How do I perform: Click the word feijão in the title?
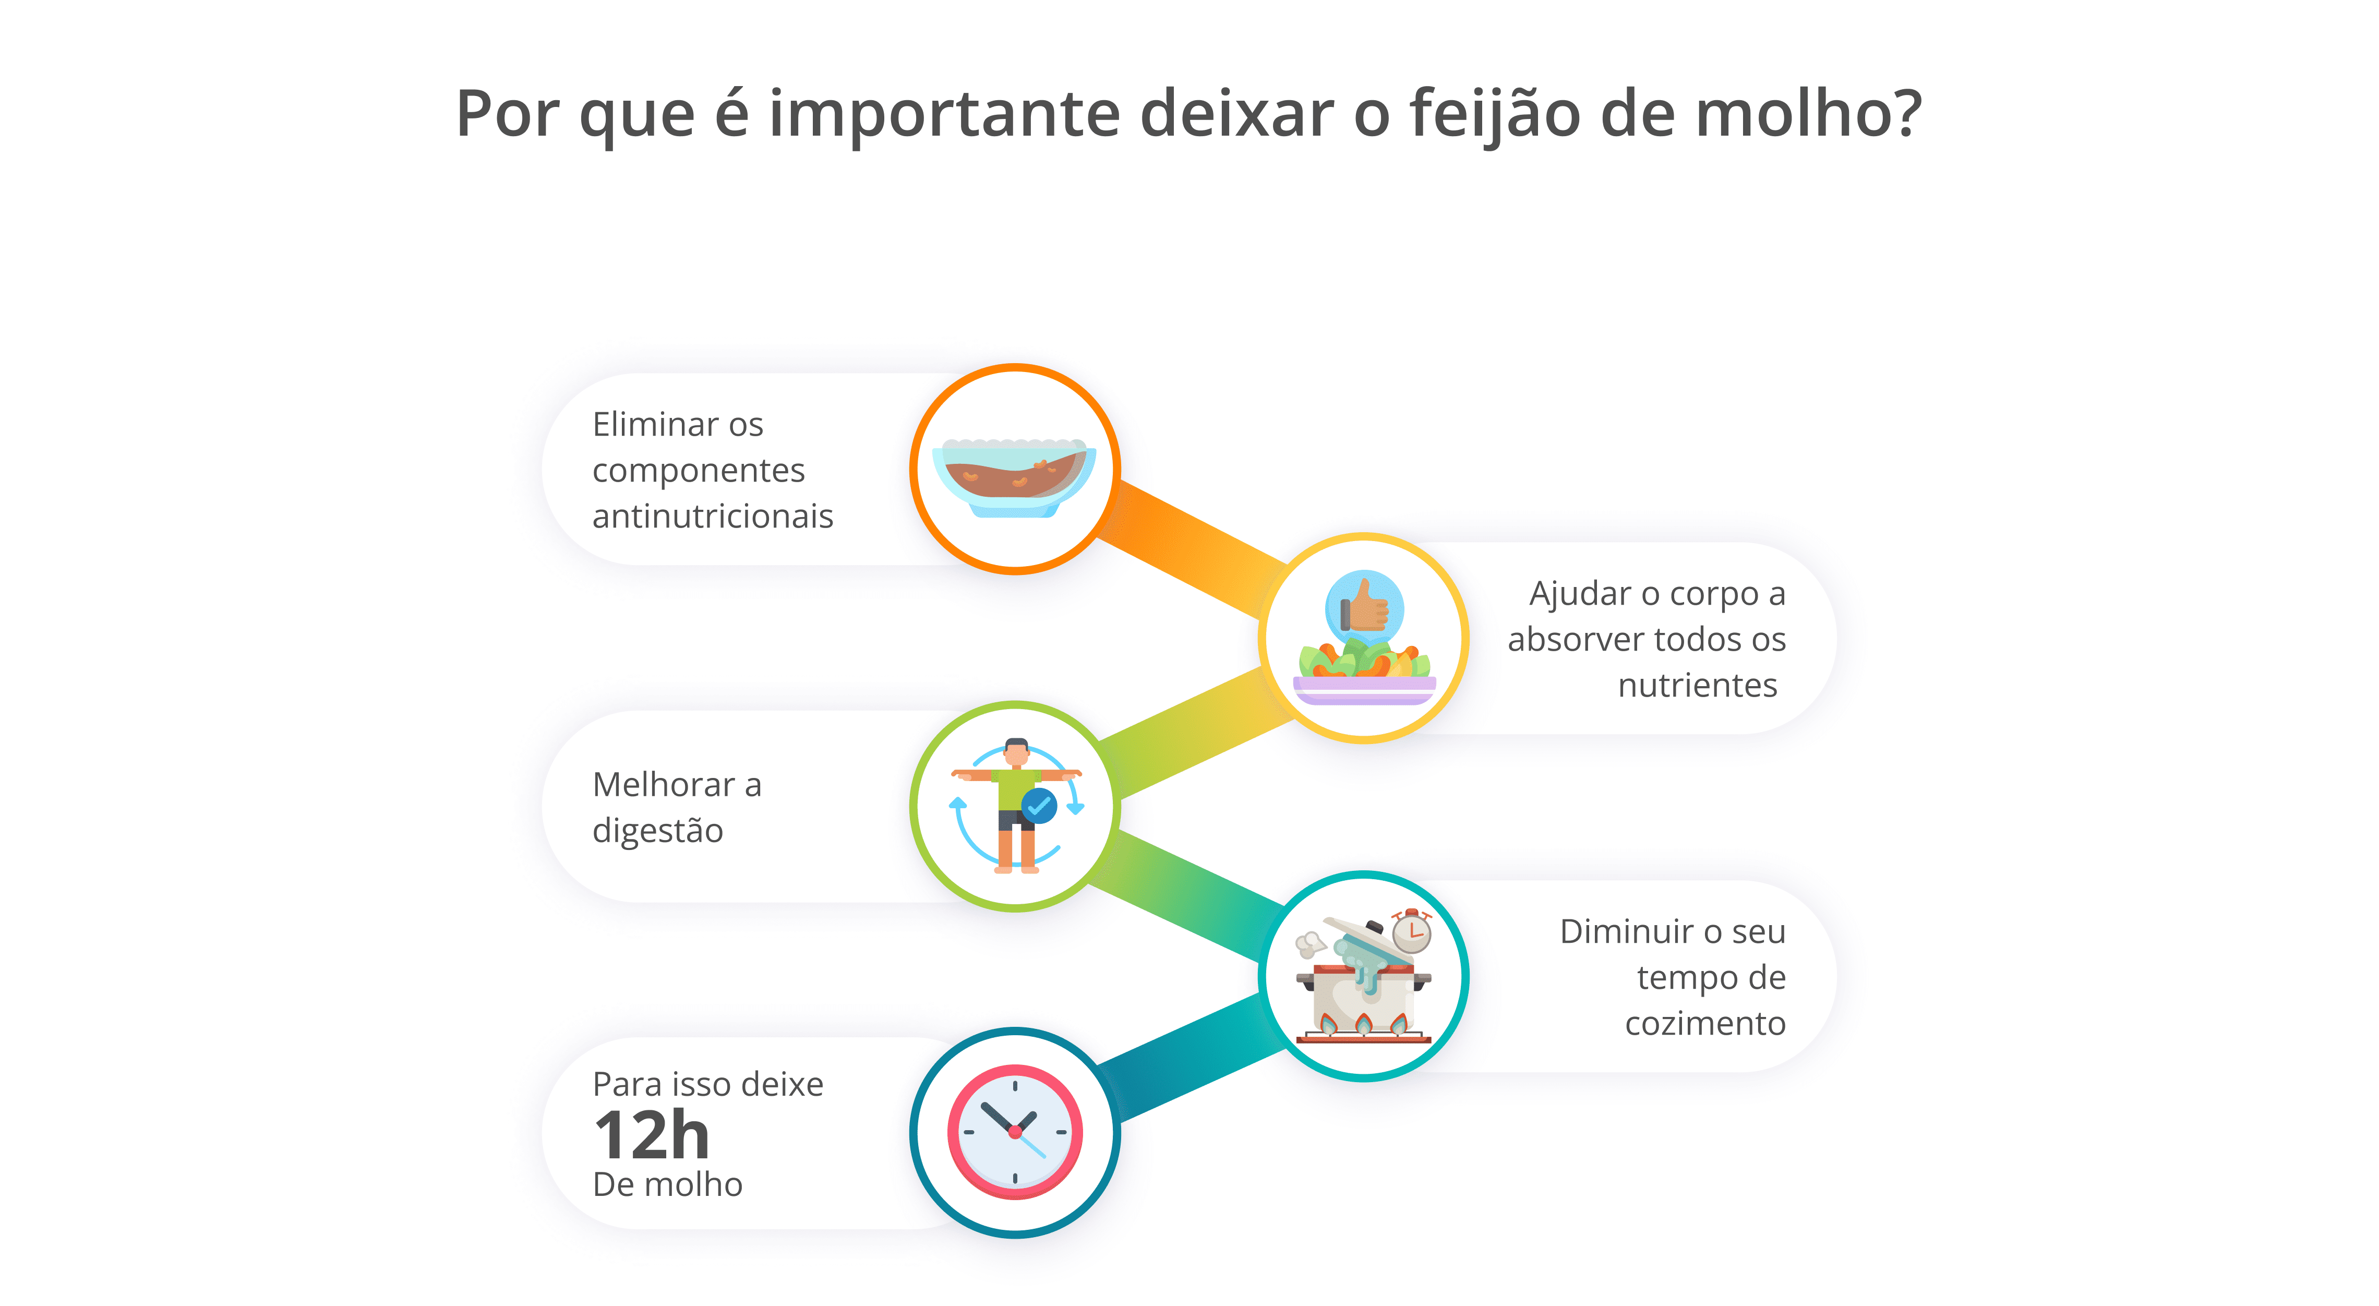(x=1494, y=114)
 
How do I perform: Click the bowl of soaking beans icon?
(x=1014, y=476)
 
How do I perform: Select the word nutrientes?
(x=1698, y=685)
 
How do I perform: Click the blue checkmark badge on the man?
(x=1039, y=806)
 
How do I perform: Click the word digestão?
(x=657, y=830)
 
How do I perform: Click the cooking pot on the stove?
(x=1363, y=996)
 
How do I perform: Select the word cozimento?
(x=1705, y=1023)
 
